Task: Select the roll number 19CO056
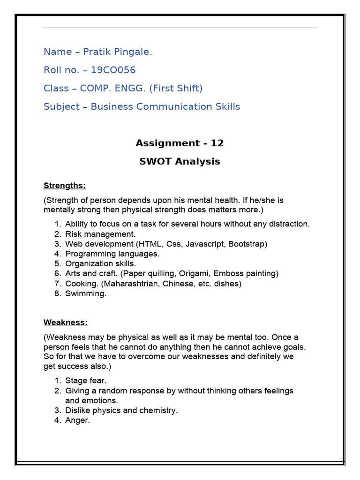point(113,70)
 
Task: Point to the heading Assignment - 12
point(180,143)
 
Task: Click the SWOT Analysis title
point(180,162)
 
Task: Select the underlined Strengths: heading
point(65,186)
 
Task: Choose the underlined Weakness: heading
point(66,322)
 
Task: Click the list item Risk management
point(100,234)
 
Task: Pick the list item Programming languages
point(112,254)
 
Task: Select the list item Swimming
point(86,294)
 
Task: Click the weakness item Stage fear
point(89,381)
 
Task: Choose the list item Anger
point(77,420)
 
